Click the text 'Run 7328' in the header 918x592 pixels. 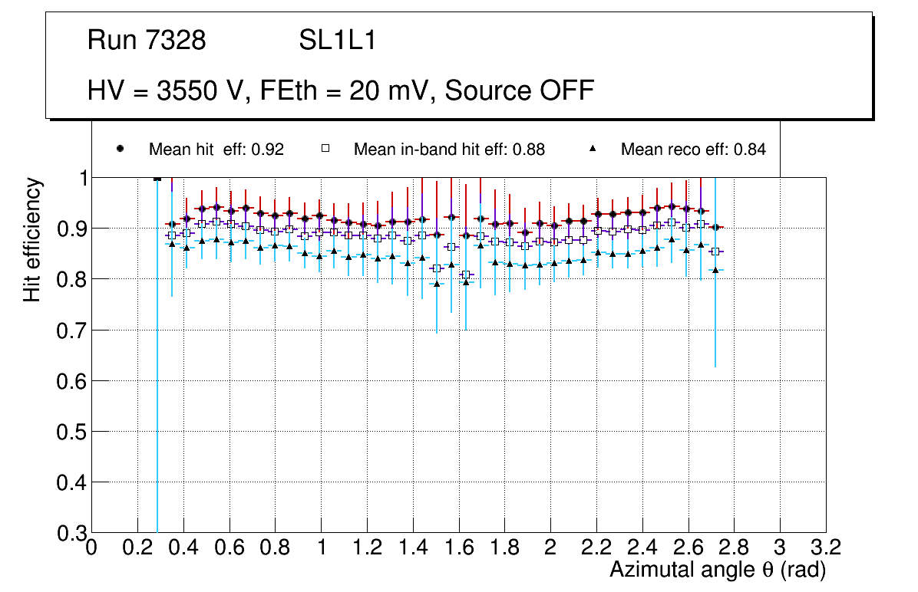click(x=147, y=41)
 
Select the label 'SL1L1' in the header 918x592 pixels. click(x=337, y=41)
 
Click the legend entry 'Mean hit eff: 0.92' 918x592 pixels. click(x=216, y=150)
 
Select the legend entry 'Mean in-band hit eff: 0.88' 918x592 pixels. click(x=449, y=150)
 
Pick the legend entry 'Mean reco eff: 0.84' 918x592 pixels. click(x=692, y=150)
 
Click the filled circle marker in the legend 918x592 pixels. click(x=120, y=149)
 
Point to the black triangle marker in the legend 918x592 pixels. click(x=593, y=149)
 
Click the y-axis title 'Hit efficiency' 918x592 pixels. click(x=32, y=239)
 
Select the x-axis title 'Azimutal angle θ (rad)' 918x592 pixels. click(x=718, y=570)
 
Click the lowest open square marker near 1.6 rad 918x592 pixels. click(x=465, y=275)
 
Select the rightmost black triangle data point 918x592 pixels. click(x=715, y=270)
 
